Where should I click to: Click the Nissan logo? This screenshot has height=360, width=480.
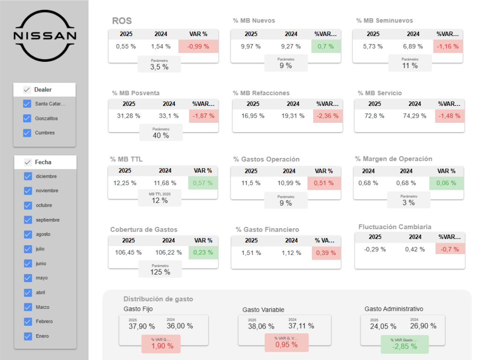point(45,36)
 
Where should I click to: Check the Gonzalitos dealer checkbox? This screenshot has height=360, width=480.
point(27,119)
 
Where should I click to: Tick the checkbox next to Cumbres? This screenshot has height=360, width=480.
point(27,133)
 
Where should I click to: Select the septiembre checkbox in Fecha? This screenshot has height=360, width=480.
point(28,220)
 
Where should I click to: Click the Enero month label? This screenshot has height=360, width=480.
point(42,336)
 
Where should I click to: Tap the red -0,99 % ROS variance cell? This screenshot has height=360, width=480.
point(198,46)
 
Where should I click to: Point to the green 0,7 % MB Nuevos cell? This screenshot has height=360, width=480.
point(326,46)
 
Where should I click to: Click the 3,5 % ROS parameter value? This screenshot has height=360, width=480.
point(159,67)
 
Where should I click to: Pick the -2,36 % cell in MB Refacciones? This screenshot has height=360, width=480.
point(328,116)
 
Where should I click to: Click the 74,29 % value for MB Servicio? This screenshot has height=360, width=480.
point(414,116)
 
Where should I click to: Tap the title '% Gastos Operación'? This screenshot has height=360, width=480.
point(266,159)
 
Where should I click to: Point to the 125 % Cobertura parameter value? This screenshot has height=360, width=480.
point(160,272)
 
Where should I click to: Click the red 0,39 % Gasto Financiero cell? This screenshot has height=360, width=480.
point(326,253)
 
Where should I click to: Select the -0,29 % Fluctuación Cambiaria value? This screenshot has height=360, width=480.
point(375,249)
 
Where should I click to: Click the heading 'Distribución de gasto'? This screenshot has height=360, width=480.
point(158,299)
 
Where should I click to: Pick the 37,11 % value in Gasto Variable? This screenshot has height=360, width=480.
point(301,326)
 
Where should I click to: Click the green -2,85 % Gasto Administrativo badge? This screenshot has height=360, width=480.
point(405,346)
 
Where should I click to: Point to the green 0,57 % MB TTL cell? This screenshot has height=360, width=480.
point(203,183)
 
